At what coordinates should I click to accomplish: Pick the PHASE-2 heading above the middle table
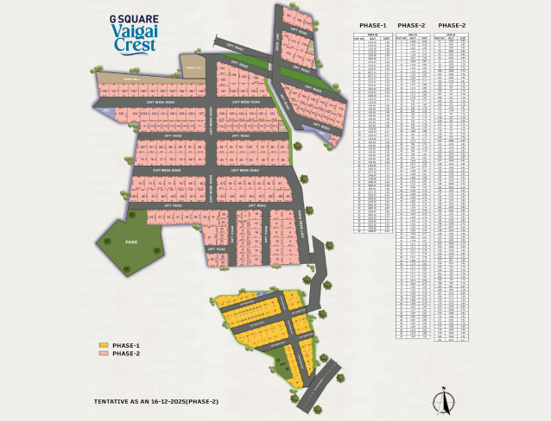coord(412,25)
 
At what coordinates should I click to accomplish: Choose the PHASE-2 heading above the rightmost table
coord(452,25)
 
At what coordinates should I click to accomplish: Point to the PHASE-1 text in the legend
coord(126,345)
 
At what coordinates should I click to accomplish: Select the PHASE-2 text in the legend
coord(126,354)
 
